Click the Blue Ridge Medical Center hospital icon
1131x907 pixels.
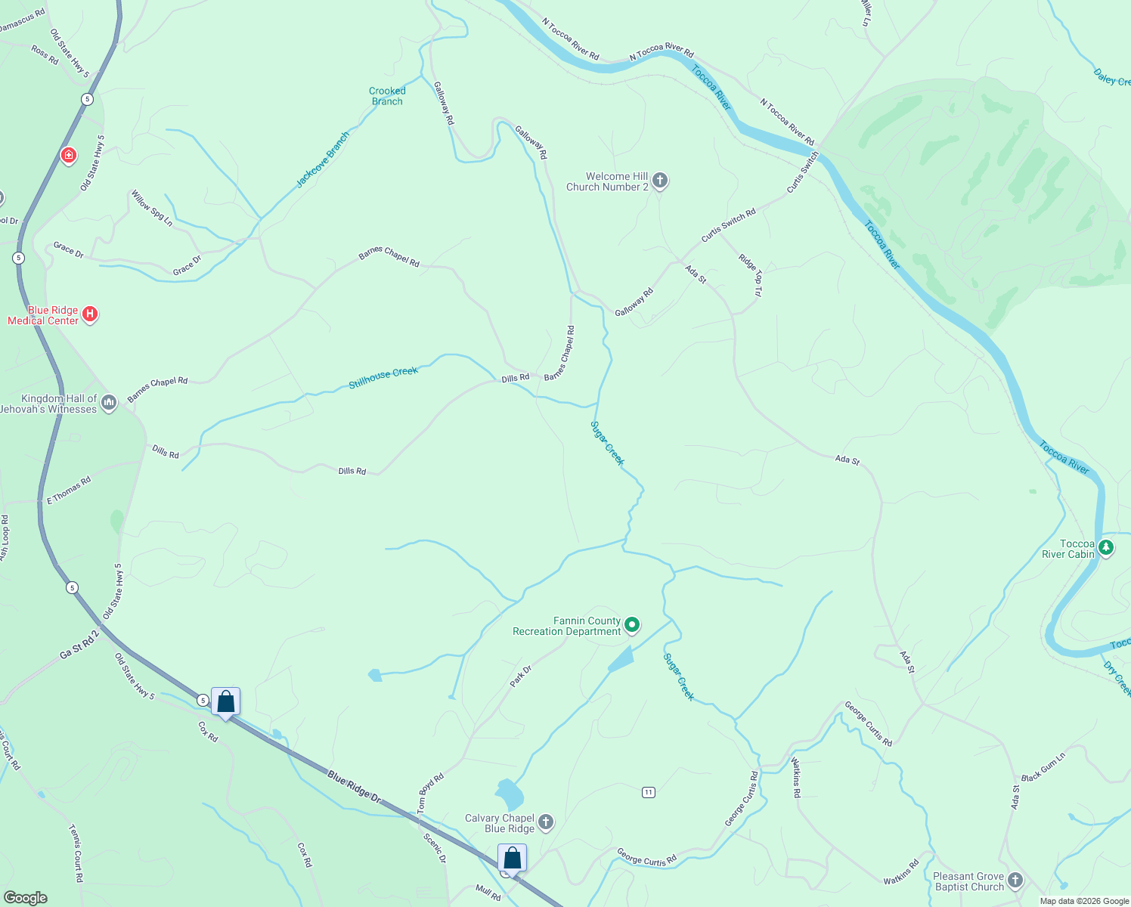pos(90,314)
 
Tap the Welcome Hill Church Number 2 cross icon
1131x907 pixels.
pos(660,181)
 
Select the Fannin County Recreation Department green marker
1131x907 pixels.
pos(633,625)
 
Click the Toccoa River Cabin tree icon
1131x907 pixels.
pos(1106,548)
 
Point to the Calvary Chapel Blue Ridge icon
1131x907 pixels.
pos(546,822)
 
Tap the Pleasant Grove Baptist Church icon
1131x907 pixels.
pos(1015,881)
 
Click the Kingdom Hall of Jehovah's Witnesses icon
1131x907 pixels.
pos(109,403)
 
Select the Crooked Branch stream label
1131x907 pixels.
pos(387,96)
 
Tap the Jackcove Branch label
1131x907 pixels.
pos(323,160)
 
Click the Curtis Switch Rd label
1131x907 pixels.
pos(728,225)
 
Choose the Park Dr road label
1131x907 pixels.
pos(521,676)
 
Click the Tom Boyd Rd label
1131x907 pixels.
pos(431,793)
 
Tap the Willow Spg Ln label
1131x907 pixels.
pos(152,209)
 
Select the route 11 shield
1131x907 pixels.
pos(648,792)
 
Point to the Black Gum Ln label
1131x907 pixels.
pos(1043,767)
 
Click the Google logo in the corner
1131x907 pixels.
pos(25,897)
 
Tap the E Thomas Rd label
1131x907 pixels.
pos(69,491)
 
